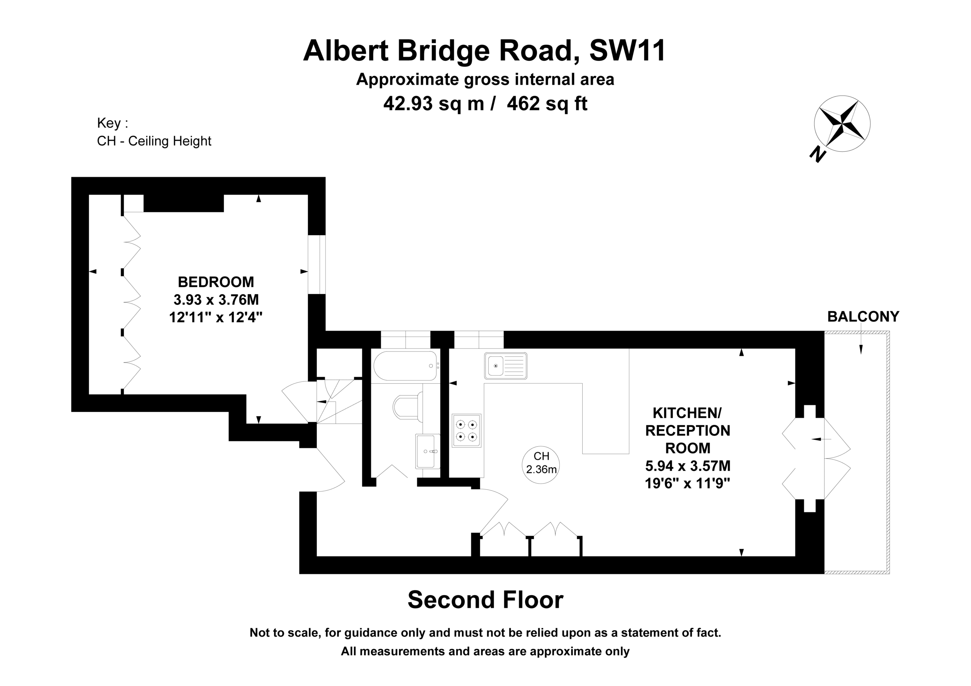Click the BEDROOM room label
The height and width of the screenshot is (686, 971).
pyautogui.click(x=216, y=282)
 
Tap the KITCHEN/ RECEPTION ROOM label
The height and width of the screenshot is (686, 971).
pyautogui.click(x=688, y=430)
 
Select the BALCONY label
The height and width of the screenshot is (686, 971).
pyautogui.click(x=863, y=316)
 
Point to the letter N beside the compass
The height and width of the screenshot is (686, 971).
pyautogui.click(x=818, y=154)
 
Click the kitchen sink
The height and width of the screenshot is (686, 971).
pyautogui.click(x=506, y=366)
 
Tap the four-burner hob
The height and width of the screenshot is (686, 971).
pyautogui.click(x=467, y=430)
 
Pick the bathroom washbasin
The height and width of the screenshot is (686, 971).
pyautogui.click(x=427, y=451)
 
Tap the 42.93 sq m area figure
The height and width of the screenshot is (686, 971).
pyautogui.click(x=433, y=104)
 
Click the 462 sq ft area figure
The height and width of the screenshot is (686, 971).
pyautogui.click(x=547, y=104)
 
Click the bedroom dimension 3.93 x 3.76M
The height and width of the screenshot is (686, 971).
pyautogui.click(x=216, y=300)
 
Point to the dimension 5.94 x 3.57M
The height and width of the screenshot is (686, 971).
pyautogui.click(x=688, y=466)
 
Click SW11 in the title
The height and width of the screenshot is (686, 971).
pyautogui.click(x=628, y=50)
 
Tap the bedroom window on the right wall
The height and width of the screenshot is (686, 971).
pyautogui.click(x=317, y=264)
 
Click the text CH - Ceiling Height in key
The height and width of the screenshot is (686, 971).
pyautogui.click(x=154, y=141)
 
